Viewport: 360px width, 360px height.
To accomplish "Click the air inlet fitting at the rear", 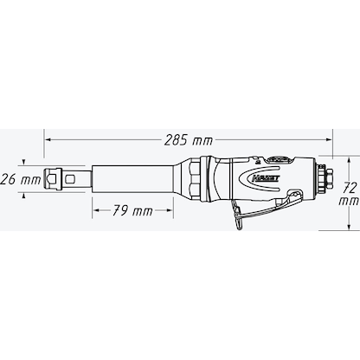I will pos(324,180).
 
